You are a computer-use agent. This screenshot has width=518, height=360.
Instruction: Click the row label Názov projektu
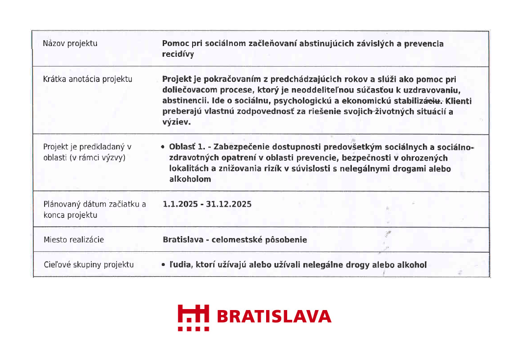click(x=70, y=43)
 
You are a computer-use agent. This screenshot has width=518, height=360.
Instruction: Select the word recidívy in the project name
click(x=178, y=54)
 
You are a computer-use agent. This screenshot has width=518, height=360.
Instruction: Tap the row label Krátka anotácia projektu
click(x=88, y=79)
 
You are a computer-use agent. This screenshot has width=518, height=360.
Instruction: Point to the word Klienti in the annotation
click(x=459, y=101)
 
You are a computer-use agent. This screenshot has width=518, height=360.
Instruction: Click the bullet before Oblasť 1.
click(x=163, y=146)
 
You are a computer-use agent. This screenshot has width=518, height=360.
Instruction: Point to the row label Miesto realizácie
click(x=74, y=240)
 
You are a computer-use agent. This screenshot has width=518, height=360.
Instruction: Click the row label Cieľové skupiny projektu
click(x=88, y=264)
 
